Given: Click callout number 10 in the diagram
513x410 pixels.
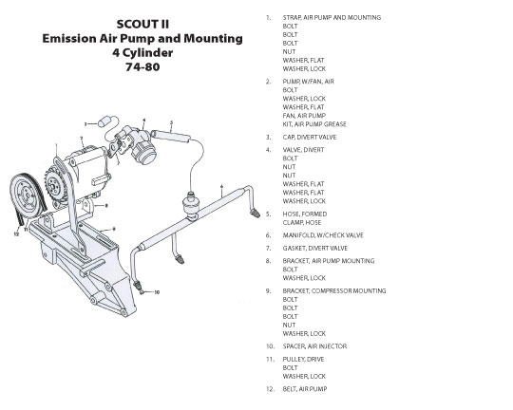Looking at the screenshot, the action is pos(157,292).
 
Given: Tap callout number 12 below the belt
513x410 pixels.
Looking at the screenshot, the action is pos(16,233).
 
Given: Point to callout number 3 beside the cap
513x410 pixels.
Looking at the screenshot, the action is pos(85,124).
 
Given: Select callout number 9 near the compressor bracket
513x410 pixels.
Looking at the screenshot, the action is pos(114,229).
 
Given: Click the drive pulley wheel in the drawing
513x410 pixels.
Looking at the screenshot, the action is pos(27,196).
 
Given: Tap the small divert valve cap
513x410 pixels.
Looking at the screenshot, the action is pos(104,121).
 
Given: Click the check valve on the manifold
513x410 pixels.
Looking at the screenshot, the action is pos(189,205).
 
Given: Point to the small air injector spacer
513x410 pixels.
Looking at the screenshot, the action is pos(142,291).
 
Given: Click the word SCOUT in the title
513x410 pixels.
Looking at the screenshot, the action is pos(132,24).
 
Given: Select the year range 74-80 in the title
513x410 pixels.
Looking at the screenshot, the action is pos(142,66).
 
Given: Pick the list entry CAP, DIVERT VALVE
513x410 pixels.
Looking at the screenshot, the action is pos(310,137).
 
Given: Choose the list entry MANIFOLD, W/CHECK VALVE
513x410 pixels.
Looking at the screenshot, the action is pos(323,235).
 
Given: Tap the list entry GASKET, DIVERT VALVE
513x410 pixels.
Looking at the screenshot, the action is pos(315,248).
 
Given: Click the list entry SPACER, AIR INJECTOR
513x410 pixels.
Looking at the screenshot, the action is pos(314,346).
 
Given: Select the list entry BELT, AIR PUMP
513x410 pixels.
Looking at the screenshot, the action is pos(305,389).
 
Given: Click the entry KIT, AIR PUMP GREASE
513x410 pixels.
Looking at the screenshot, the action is pos(314,124).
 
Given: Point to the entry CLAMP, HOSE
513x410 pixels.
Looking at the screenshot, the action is pos(302,222).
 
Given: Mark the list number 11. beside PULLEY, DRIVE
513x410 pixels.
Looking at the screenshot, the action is pos(270,359).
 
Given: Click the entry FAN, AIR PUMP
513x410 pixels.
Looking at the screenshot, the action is pos(304,116).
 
